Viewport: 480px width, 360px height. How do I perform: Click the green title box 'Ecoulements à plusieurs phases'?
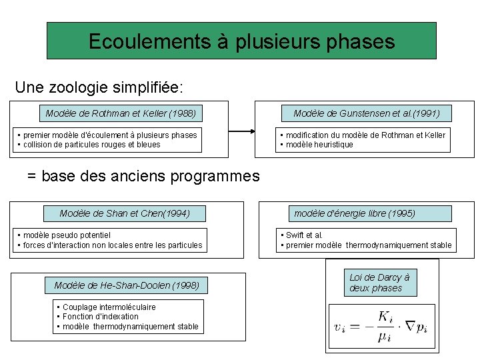pos(241,41)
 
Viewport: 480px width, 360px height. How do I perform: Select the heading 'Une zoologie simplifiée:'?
pos(99,87)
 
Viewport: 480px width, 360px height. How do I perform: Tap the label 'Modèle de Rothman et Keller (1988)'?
pos(121,113)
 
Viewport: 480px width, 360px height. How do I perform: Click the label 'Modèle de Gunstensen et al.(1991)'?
pos(366,113)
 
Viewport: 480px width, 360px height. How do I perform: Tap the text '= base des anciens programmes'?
pos(143,176)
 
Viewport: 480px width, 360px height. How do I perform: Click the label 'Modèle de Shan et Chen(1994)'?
pos(125,213)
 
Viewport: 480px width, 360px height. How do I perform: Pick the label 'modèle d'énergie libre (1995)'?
pos(355,213)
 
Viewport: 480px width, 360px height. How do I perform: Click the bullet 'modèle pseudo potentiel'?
pos(67,235)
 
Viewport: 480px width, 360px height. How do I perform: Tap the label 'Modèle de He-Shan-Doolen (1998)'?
pos(127,286)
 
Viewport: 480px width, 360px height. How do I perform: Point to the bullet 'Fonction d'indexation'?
pos(100,317)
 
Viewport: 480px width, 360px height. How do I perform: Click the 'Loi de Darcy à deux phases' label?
pos(379,283)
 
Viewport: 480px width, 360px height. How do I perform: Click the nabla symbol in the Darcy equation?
pos(410,325)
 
